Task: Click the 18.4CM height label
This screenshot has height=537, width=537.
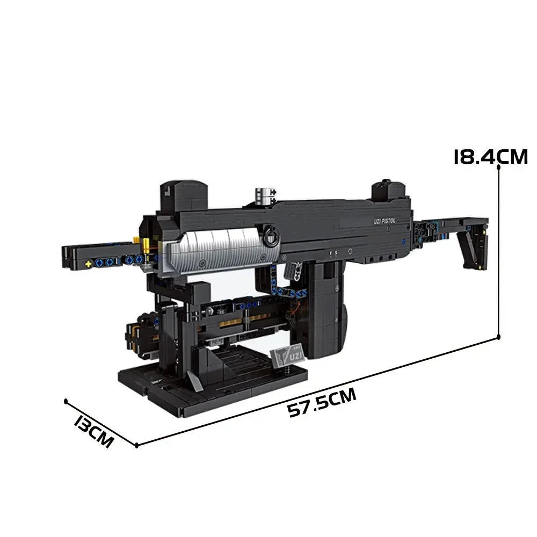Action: [490, 156]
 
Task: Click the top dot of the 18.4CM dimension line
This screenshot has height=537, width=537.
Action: [499, 167]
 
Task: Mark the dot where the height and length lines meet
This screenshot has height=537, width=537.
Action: [499, 337]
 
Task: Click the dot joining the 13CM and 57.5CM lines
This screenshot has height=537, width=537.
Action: [137, 445]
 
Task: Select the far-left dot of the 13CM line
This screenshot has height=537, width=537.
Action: [66, 401]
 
